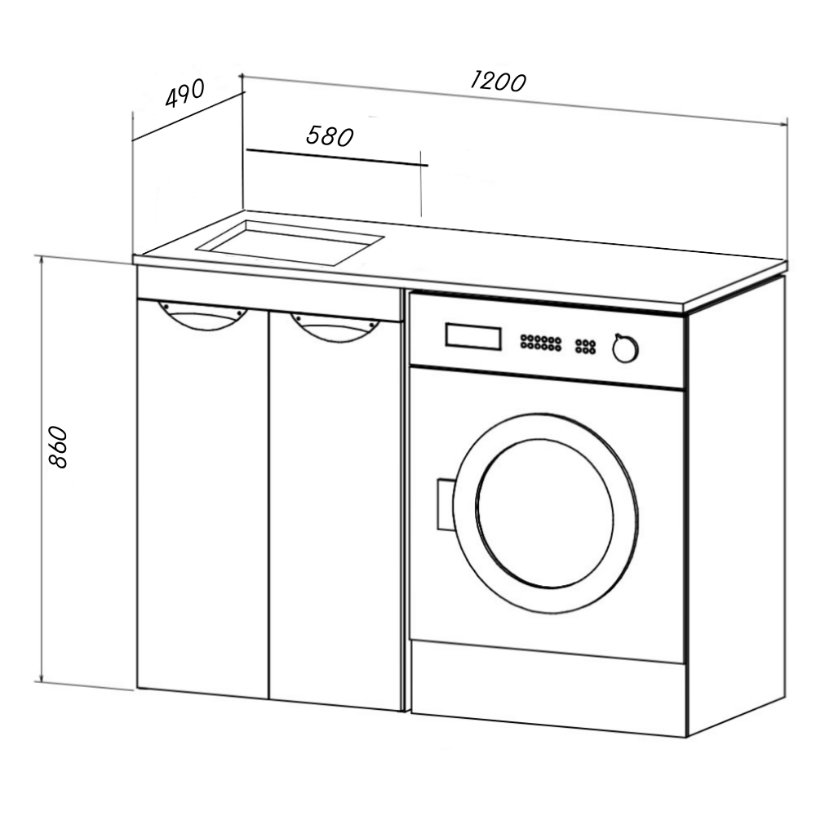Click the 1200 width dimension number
pyautogui.click(x=498, y=81)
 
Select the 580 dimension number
pyautogui.click(x=330, y=135)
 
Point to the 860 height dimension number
pyautogui.click(x=58, y=446)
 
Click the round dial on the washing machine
pyautogui.click(x=626, y=349)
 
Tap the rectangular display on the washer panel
pyautogui.click(x=473, y=336)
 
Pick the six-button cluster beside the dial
pyautogui.click(x=585, y=346)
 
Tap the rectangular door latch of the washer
pyautogui.click(x=446, y=504)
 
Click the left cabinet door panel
pyautogui.click(x=202, y=506)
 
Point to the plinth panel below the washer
pyautogui.click(x=547, y=685)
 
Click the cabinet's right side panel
pyautogui.click(x=734, y=506)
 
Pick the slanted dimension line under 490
pyautogui.click(x=188, y=116)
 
